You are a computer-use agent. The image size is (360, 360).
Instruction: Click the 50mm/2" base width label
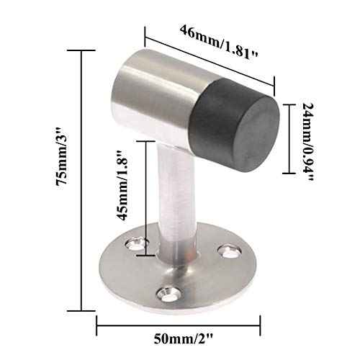coord(178,336)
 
